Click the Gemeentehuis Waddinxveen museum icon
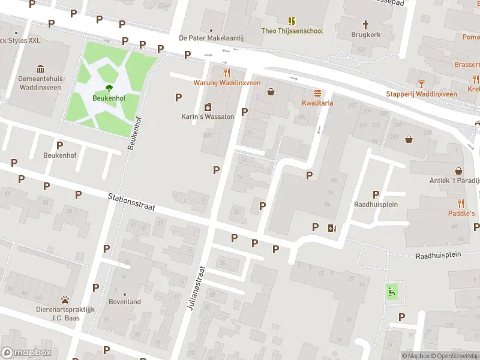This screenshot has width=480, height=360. point(41,68)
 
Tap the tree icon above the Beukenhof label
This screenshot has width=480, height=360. point(109,88)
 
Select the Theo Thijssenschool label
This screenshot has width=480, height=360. point(292,31)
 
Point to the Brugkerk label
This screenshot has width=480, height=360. point(366,35)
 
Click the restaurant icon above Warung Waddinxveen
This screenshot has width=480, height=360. point(227,73)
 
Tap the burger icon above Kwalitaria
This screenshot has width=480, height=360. point(317,93)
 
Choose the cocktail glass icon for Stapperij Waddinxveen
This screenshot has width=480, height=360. point(421,83)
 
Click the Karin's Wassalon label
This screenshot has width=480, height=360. point(208,116)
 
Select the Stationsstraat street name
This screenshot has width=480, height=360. point(132,201)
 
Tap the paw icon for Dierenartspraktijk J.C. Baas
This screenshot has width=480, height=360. point(65,299)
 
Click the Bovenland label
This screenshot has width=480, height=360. point(125,302)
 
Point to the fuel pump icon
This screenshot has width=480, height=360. point(332,227)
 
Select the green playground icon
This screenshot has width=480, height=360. point(392,292)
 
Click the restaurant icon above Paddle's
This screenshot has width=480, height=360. point(461,203)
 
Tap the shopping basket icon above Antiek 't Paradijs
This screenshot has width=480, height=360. point(459,171)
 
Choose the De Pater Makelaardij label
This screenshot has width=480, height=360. point(210,37)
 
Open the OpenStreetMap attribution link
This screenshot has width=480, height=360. point(454,356)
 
